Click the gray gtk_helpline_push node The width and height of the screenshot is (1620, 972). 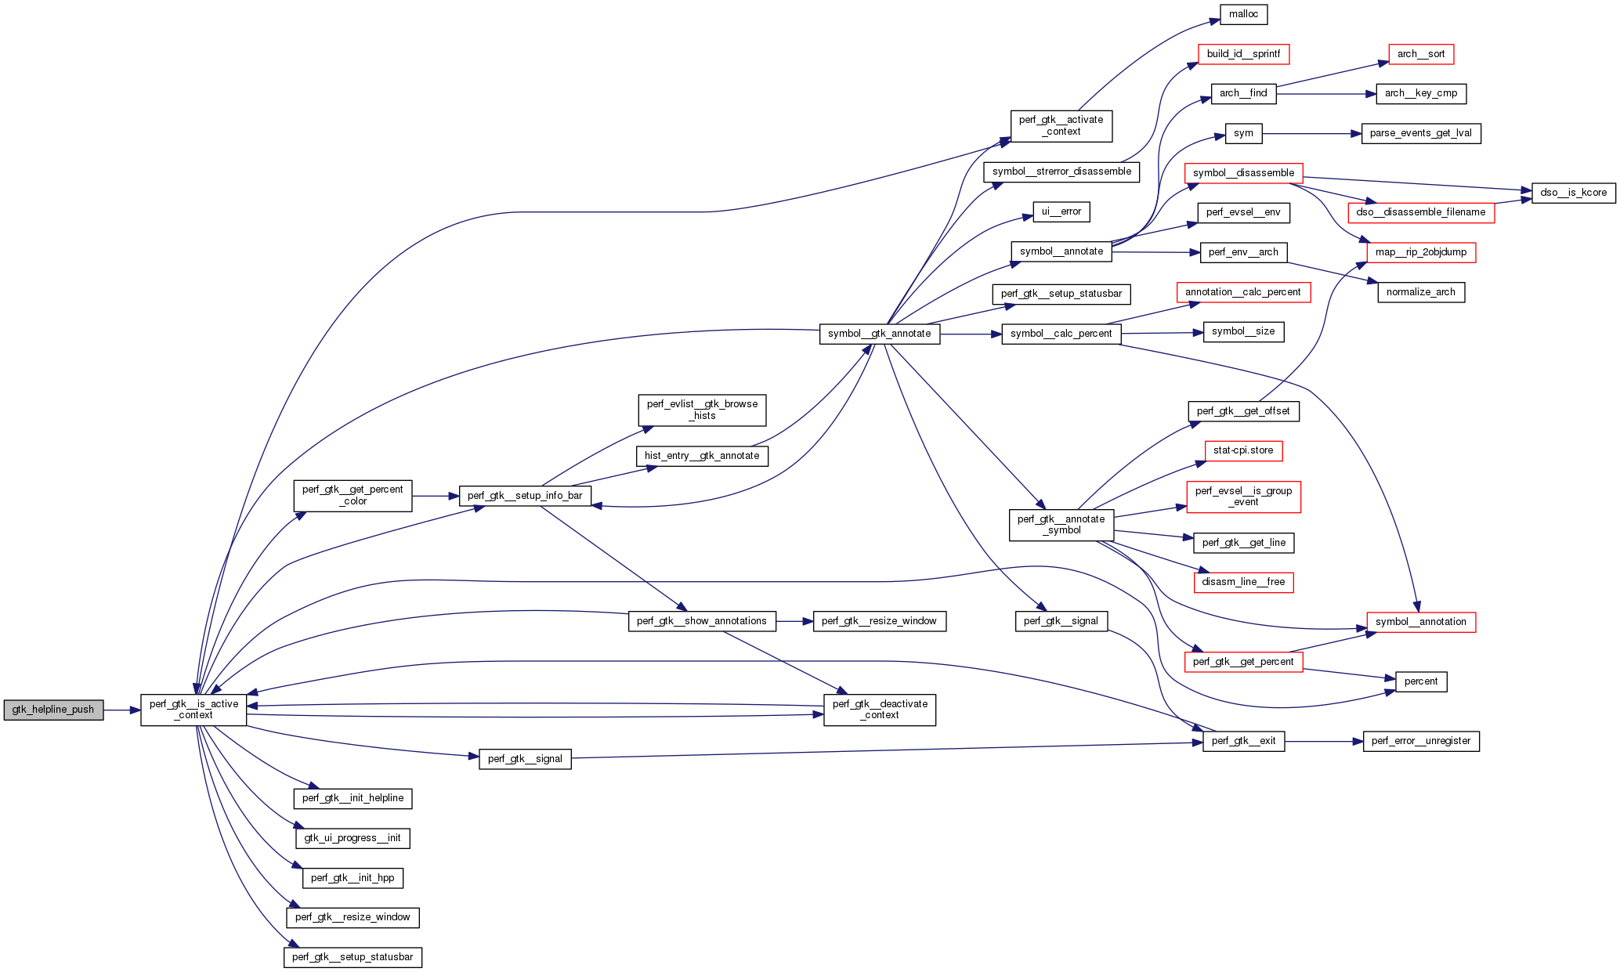pyautogui.click(x=53, y=710)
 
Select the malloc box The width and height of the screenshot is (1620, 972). pyautogui.click(x=1243, y=14)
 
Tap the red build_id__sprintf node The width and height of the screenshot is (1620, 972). pyautogui.click(x=1243, y=54)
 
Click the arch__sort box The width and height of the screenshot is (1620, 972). pyautogui.click(x=1420, y=54)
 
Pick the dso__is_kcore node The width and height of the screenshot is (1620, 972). pyautogui.click(x=1573, y=193)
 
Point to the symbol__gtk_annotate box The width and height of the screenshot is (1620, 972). pyautogui.click(x=879, y=334)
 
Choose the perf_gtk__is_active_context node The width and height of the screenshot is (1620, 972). pyautogui.click(x=193, y=710)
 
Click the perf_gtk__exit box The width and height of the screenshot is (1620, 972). pyautogui.click(x=1243, y=741)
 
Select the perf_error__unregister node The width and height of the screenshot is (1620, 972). pyautogui.click(x=1420, y=741)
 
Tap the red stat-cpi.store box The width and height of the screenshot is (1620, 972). pyautogui.click(x=1243, y=450)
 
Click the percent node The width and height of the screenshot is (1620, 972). pyautogui.click(x=1420, y=681)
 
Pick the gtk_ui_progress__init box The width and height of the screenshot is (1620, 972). pyautogui.click(x=353, y=838)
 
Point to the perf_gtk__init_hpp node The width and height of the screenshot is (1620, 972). pyautogui.click(x=353, y=878)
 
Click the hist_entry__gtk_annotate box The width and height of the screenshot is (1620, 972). pyautogui.click(x=702, y=456)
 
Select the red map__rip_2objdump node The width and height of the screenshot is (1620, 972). pyautogui.click(x=1420, y=252)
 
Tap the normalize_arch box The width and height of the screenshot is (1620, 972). pyautogui.click(x=1420, y=292)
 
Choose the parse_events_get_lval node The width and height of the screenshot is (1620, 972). pyautogui.click(x=1420, y=133)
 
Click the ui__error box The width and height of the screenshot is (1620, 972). pyautogui.click(x=1061, y=211)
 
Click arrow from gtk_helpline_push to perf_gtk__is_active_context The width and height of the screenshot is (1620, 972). pyautogui.click(x=121, y=710)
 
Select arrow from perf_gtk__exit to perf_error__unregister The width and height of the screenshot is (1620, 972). pyautogui.click(x=1324, y=741)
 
